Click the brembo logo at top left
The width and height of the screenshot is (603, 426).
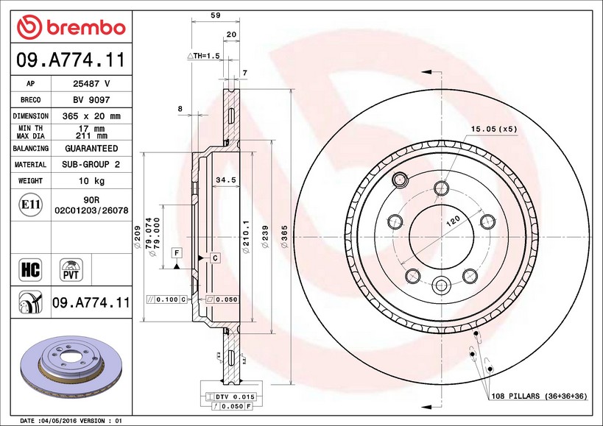pos(71,27)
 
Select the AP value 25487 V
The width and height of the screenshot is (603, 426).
pos(91,84)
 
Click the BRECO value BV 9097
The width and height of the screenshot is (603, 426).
pos(91,100)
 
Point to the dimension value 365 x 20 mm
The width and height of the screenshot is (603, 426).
pos(91,116)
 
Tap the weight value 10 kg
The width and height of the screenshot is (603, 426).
pos(91,180)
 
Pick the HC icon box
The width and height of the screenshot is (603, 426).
pos(30,269)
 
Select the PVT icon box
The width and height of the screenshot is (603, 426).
pos(71,269)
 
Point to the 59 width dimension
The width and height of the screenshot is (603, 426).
pos(216,15)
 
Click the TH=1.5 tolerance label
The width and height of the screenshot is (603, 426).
pos(204,56)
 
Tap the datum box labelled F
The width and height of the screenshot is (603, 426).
pos(177,253)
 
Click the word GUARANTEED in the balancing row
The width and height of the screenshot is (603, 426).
pos(91,148)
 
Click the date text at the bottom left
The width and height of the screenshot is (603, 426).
pos(70,421)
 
